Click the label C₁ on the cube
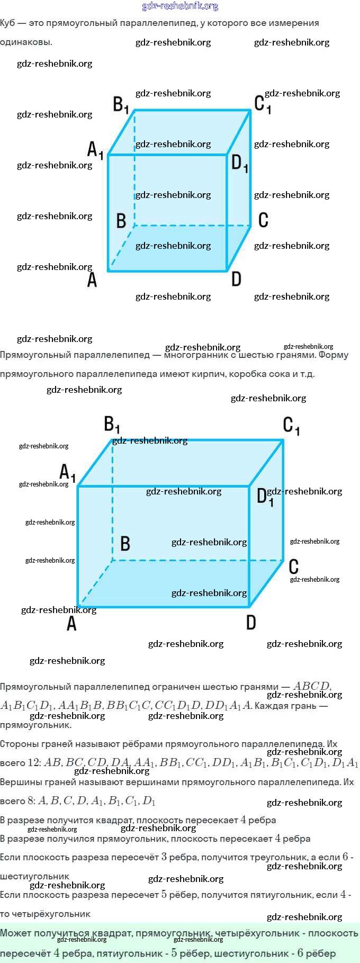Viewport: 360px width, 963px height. click(x=263, y=104)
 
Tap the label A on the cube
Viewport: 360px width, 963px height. click(x=92, y=279)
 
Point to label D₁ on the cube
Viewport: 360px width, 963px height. click(x=240, y=163)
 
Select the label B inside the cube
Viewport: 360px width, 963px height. click(x=121, y=220)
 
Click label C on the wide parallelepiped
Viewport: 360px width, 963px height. click(x=294, y=566)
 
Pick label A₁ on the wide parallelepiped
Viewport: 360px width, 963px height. click(x=67, y=472)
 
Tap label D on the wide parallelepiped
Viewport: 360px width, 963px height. click(x=251, y=622)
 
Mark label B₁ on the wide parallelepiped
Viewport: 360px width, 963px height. click(x=112, y=424)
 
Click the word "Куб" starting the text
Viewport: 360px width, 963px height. click(x=7, y=23)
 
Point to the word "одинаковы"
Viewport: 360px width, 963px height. click(x=25, y=42)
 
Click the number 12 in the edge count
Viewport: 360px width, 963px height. click(x=34, y=763)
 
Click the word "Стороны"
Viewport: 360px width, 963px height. click(x=18, y=744)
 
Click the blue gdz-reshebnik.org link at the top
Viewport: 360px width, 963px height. click(x=180, y=6)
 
